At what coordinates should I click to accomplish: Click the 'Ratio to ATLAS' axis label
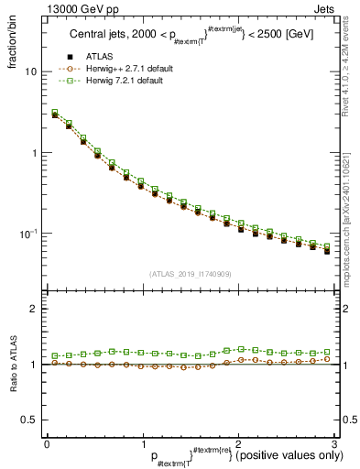(x=14, y=367)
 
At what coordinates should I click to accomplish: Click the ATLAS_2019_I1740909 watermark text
(x=191, y=273)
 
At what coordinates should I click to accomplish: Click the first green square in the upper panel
(x=54, y=113)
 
